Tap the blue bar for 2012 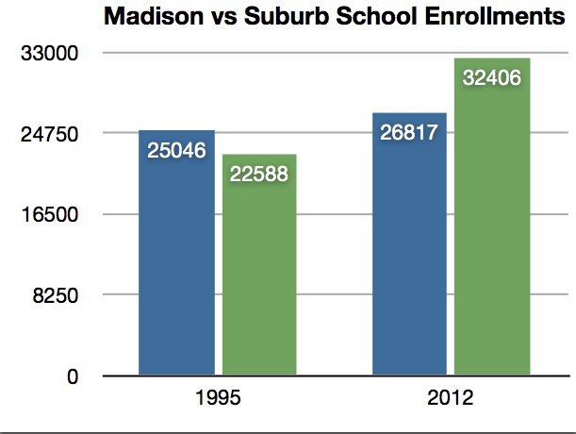point(409,244)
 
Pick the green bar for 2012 point(492,217)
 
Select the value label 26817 point(409,132)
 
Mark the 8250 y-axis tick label point(53,296)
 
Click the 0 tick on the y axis point(72,377)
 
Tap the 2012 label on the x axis point(451,398)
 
